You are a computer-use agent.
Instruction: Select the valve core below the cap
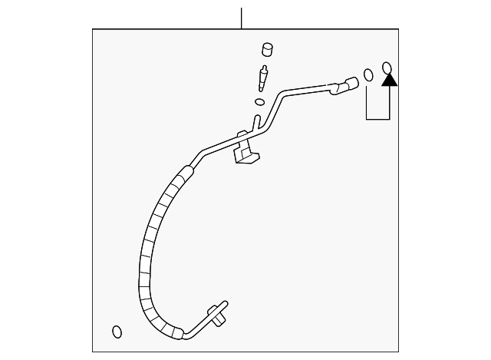tap(264, 78)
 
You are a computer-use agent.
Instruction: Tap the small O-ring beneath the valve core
tap(259, 101)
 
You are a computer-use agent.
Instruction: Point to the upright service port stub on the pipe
tap(255, 124)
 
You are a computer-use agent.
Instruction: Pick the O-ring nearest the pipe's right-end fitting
tap(368, 75)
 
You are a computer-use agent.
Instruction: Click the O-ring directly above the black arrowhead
tap(387, 67)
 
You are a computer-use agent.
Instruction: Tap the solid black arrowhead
tap(389, 78)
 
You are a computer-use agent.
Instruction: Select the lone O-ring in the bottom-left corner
tap(117, 332)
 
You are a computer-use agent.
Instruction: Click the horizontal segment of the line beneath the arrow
tap(377, 119)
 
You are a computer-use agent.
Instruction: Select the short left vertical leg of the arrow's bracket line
tap(366, 104)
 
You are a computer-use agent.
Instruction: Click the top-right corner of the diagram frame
tap(398, 29)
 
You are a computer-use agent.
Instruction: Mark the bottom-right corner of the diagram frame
tap(398, 352)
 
